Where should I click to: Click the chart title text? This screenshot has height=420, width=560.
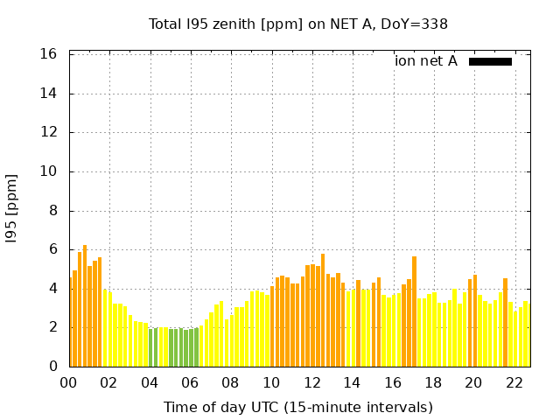click(x=298, y=24)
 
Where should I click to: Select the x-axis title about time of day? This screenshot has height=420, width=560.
click(x=298, y=407)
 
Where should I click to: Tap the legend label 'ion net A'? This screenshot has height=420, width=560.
click(x=426, y=61)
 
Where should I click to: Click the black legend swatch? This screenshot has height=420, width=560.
click(x=490, y=61)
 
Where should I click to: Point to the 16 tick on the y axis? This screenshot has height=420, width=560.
click(x=49, y=54)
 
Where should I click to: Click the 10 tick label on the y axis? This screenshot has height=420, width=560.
click(x=49, y=171)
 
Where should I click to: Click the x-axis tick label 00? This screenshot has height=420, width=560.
click(x=68, y=383)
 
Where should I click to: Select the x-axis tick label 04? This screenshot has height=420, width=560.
click(x=150, y=383)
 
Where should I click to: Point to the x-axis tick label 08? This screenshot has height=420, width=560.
click(x=230, y=383)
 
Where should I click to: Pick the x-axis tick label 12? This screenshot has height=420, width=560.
click(x=311, y=383)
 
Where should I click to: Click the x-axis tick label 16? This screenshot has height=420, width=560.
click(x=392, y=383)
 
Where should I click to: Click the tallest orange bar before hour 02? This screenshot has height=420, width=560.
click(x=85, y=306)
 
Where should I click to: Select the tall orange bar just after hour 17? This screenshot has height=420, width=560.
click(x=414, y=311)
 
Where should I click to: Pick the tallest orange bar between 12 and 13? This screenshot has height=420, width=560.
click(x=323, y=311)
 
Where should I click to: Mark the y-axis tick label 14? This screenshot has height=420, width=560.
click(x=49, y=94)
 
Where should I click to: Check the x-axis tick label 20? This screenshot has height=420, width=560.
click(x=473, y=383)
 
